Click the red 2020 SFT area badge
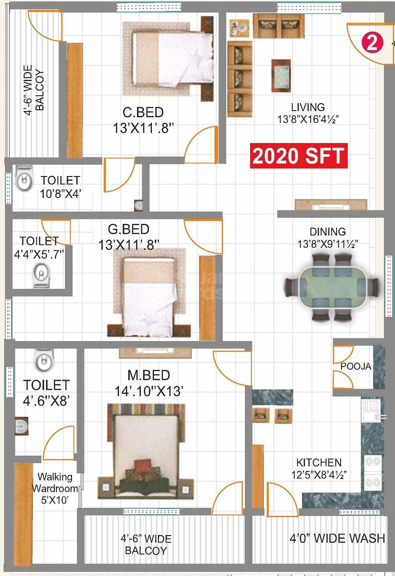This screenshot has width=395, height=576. [x=298, y=156]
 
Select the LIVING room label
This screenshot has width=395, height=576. [x=308, y=107]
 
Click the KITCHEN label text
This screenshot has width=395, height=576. [x=319, y=462]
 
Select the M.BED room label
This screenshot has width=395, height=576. [x=149, y=375]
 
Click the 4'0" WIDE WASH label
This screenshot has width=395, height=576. [x=337, y=538]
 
